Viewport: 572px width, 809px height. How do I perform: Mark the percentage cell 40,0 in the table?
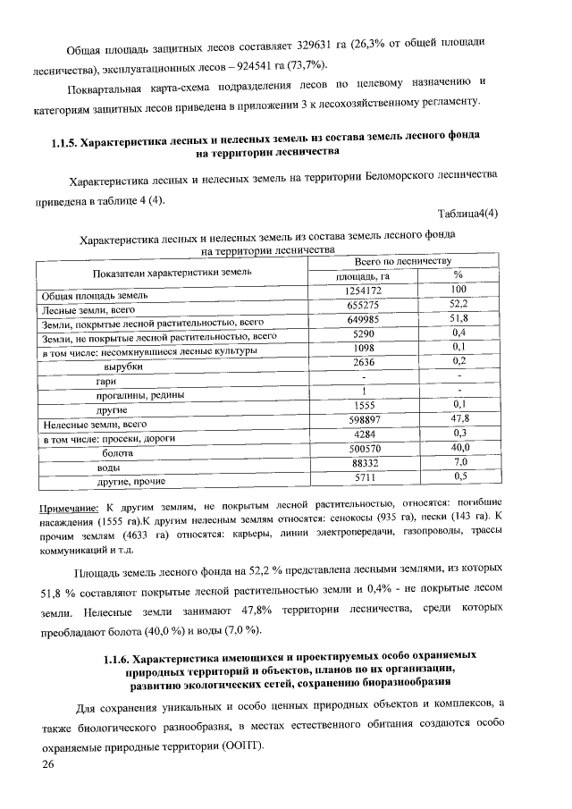click(x=459, y=447)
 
